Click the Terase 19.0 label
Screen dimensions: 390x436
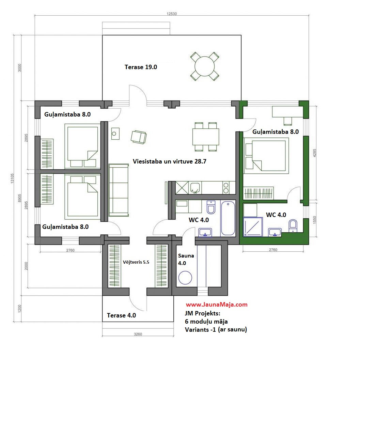click(x=141, y=67)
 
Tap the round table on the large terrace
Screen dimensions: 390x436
click(x=205, y=66)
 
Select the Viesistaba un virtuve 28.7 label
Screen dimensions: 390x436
click(x=169, y=161)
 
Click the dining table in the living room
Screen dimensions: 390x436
click(x=205, y=137)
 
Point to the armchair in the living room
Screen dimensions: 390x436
click(x=139, y=137)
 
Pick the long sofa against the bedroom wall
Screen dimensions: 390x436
click(x=119, y=190)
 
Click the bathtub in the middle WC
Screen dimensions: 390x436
click(x=228, y=218)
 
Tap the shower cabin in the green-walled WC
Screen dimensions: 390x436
click(x=253, y=227)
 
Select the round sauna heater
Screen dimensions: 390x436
click(x=185, y=278)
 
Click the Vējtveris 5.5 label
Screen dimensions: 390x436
click(x=136, y=262)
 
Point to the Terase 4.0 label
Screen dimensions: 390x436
click(x=121, y=315)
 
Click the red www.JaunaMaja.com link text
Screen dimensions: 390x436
click(x=217, y=305)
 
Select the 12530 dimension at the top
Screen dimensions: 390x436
click(x=172, y=14)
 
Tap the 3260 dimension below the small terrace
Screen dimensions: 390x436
click(x=138, y=334)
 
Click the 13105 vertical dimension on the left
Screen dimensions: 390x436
click(x=12, y=178)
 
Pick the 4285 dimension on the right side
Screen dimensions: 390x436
click(x=314, y=153)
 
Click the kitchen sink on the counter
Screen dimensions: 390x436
click(x=195, y=188)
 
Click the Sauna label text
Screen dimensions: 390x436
click(x=186, y=256)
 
